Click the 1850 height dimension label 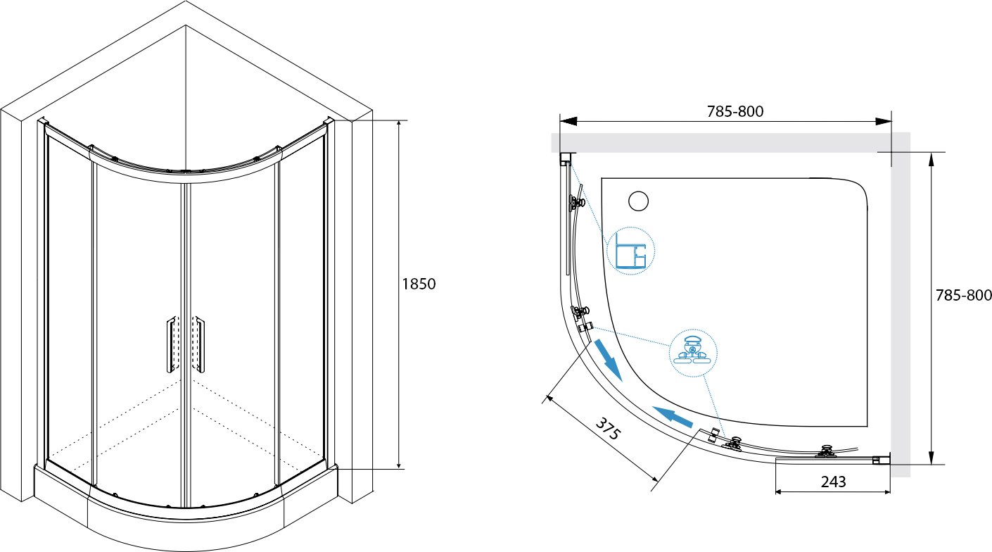[x=419, y=284]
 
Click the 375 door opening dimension [x=607, y=428]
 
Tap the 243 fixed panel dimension [x=833, y=482]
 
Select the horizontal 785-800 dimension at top [x=735, y=111]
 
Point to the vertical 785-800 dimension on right [x=964, y=295]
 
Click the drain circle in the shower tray [x=639, y=201]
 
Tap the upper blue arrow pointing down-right [x=609, y=360]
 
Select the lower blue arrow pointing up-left [x=673, y=416]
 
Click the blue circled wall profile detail [x=630, y=251]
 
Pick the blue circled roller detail [x=693, y=353]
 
